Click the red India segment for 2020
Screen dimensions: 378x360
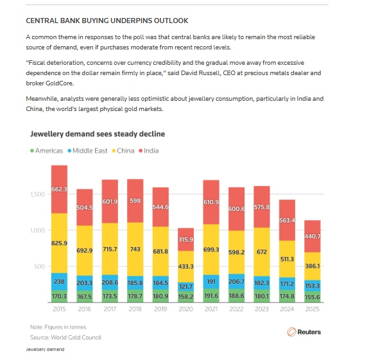click(x=185, y=239)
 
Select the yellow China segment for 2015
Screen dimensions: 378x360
click(x=59, y=243)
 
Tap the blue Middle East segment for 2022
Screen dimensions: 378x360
click(x=237, y=282)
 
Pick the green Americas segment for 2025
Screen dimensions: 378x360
click(x=313, y=297)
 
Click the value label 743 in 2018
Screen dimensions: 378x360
click(x=135, y=249)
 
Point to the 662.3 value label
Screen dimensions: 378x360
click(x=59, y=189)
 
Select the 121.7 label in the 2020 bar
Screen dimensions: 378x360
click(x=186, y=287)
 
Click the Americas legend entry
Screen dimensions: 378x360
click(x=46, y=151)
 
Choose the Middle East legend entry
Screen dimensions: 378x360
click(x=87, y=151)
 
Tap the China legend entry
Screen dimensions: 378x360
click(x=123, y=151)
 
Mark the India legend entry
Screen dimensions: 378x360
click(x=148, y=151)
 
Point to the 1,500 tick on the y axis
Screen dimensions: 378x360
click(x=38, y=194)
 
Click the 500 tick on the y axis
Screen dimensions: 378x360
click(x=39, y=266)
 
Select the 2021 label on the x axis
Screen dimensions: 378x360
click(x=211, y=309)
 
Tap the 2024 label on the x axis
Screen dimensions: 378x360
click(x=287, y=309)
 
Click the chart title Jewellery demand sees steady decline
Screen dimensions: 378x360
click(x=98, y=134)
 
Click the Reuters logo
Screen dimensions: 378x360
click(x=304, y=332)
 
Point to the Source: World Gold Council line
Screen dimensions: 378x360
click(x=65, y=338)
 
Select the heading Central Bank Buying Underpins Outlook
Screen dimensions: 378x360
click(x=107, y=21)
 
